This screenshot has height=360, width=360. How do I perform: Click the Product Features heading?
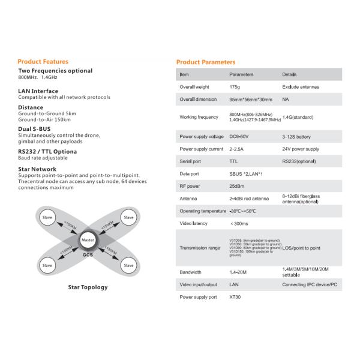(x=43, y=61)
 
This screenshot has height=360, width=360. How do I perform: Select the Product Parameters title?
(x=205, y=62)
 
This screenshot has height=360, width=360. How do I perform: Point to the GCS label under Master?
(x=88, y=254)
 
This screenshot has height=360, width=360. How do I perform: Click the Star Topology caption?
(x=88, y=287)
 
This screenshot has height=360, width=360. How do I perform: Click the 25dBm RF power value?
(x=237, y=186)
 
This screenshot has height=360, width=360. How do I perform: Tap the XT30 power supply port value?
(x=235, y=297)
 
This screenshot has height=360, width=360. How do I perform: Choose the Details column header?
(x=289, y=74)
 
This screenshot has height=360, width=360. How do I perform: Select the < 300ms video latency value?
(x=239, y=224)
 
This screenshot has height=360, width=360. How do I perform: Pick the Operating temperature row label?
(x=202, y=211)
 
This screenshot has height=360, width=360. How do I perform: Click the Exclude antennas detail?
(x=301, y=87)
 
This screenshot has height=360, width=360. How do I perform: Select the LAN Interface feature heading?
(x=38, y=91)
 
